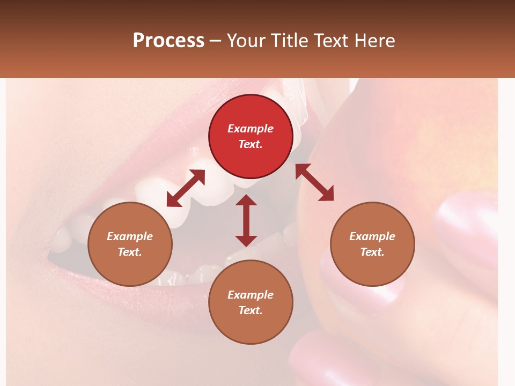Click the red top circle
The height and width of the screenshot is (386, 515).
tap(251, 136)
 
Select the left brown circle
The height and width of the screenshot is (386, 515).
tap(130, 244)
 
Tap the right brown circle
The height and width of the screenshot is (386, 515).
tap(372, 244)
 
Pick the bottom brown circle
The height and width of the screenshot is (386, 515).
tap(251, 302)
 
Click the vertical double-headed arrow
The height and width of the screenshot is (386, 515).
tap(246, 220)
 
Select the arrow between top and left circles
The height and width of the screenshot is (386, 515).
tap(186, 188)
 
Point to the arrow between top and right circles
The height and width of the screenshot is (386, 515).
tap(314, 182)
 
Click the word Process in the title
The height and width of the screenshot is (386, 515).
tap(168, 40)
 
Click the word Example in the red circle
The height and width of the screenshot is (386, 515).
tap(251, 129)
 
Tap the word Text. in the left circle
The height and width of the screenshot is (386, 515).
tap(130, 252)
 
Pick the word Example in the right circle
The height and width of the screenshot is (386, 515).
tap(372, 236)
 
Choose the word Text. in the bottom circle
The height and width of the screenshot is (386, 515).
tap(251, 310)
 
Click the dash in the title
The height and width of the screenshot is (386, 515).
tap(216, 41)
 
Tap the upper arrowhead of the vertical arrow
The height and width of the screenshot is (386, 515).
tap(246, 201)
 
